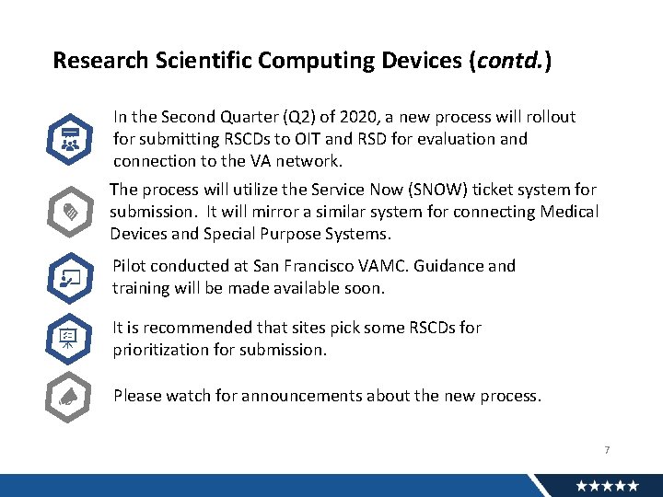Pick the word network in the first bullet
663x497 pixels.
(308, 161)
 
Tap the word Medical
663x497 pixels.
(566, 212)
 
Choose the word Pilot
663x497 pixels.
(130, 266)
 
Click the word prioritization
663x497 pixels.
(159, 350)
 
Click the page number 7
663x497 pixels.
(607, 450)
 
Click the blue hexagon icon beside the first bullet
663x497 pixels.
(69, 140)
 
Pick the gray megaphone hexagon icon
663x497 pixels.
(69, 397)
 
